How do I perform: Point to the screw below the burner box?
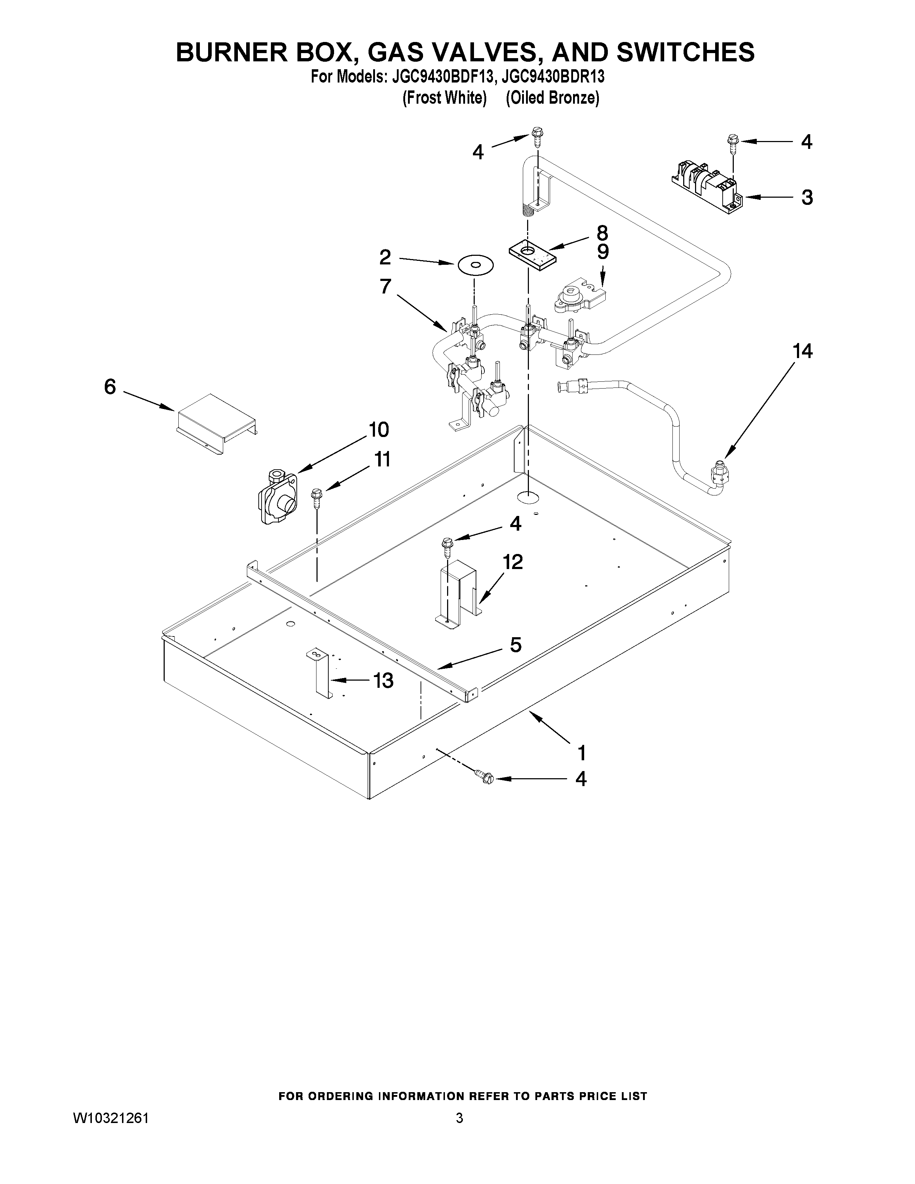tap(485, 777)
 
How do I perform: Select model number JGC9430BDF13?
tap(439, 77)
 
